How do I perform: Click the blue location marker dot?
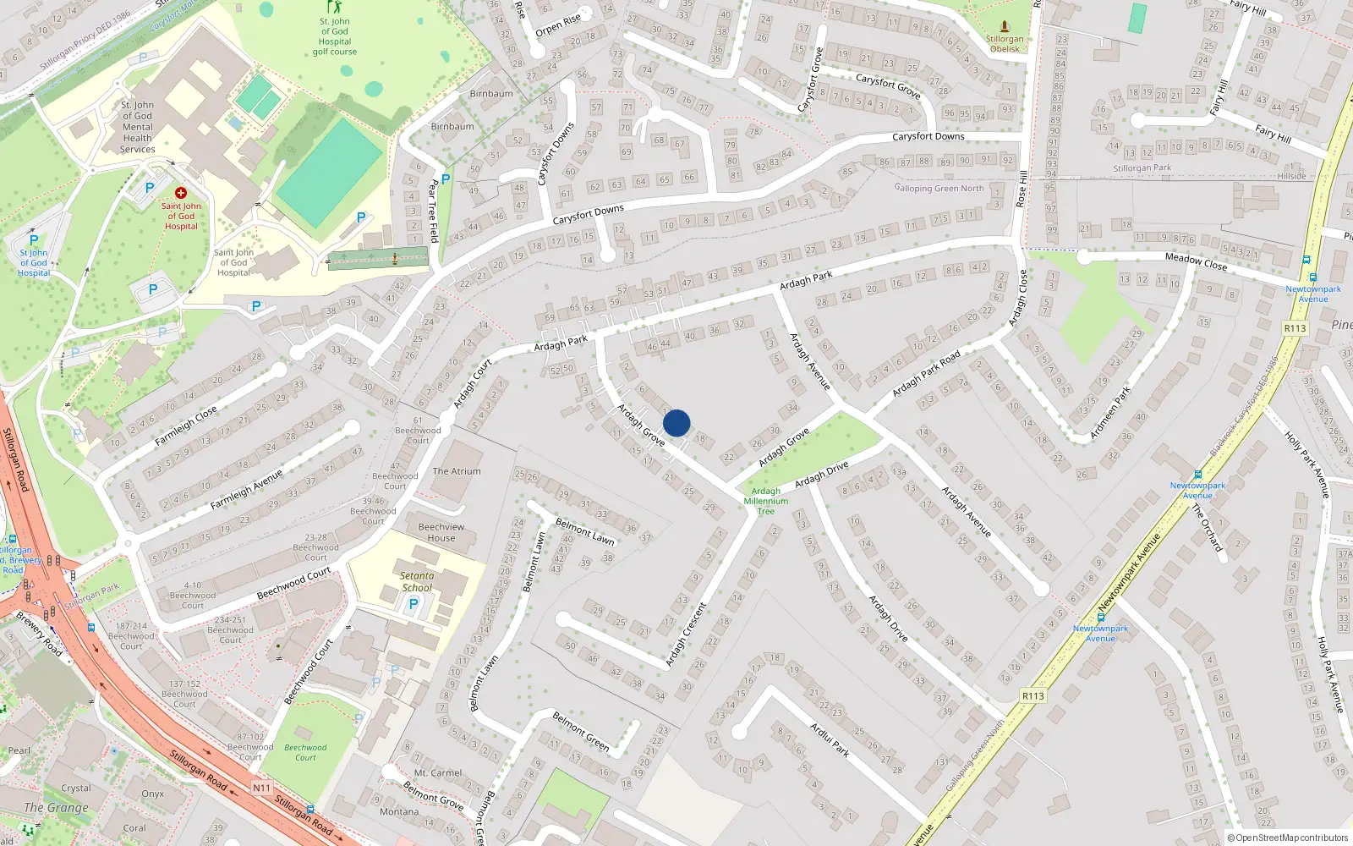(x=676, y=423)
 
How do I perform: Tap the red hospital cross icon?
(x=180, y=193)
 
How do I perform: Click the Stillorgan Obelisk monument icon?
(x=1004, y=26)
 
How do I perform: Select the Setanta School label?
(x=417, y=581)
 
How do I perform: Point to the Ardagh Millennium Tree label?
(x=766, y=501)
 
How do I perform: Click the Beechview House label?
(x=441, y=532)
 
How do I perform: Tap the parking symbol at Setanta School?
(x=414, y=604)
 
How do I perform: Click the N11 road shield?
(x=262, y=788)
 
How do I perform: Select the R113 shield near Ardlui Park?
(x=1033, y=696)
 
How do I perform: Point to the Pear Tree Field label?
(x=433, y=211)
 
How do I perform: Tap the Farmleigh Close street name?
(x=186, y=426)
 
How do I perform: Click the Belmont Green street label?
(x=581, y=731)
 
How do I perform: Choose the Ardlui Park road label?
(x=830, y=739)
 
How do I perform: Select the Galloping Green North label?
(x=939, y=189)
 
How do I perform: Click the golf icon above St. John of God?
(x=334, y=7)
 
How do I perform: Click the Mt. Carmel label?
(x=438, y=772)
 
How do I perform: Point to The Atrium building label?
(x=457, y=471)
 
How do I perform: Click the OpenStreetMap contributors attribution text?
(x=1288, y=838)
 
